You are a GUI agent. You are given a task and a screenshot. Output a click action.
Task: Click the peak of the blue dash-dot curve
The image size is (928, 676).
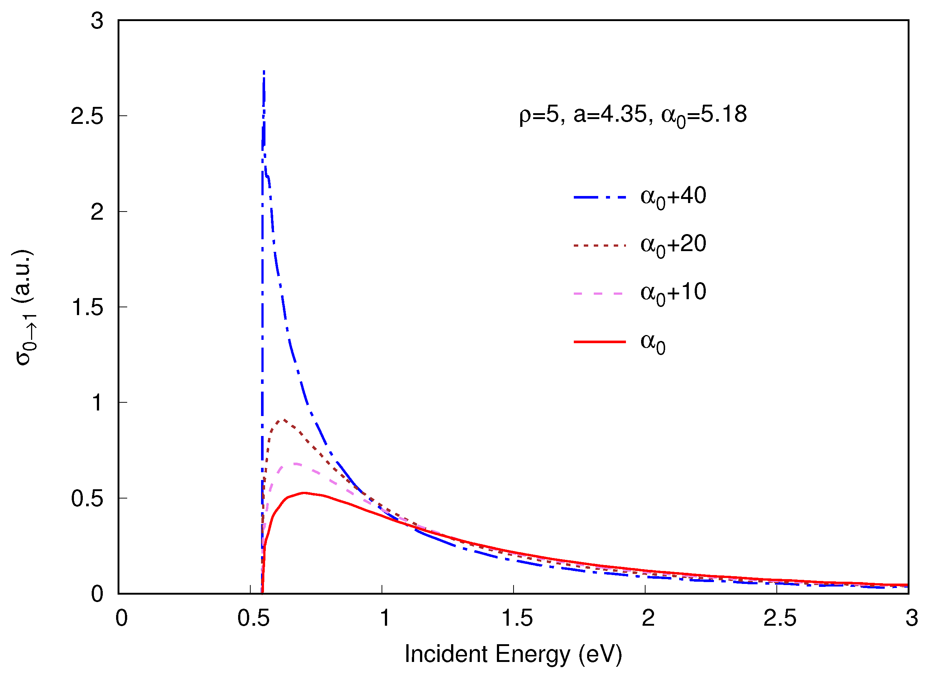[x=264, y=72]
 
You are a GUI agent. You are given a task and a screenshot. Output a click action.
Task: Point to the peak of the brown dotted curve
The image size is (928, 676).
[x=283, y=420]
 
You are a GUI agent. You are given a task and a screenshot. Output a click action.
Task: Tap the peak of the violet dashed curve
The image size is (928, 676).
[x=295, y=464]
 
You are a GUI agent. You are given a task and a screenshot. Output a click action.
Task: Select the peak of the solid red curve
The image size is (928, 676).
[x=304, y=493]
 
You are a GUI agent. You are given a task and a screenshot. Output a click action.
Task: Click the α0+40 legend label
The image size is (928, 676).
[x=673, y=196]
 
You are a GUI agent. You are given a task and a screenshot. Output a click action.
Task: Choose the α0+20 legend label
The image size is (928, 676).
[x=673, y=245]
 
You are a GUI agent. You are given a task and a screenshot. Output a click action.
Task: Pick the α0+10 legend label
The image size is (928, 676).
[x=673, y=293]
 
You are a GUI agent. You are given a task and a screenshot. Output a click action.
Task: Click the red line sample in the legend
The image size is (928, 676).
[x=600, y=342]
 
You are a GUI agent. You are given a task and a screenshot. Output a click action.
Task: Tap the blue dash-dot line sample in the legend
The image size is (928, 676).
[x=600, y=197]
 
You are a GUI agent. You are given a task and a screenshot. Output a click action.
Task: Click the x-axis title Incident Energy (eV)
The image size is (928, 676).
[x=514, y=654]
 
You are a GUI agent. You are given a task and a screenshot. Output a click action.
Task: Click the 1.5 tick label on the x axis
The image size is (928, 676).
[x=517, y=618]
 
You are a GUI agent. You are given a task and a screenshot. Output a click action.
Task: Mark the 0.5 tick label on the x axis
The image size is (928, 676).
[x=253, y=618]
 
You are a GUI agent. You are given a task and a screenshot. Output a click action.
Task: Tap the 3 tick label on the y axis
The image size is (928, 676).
[x=97, y=20]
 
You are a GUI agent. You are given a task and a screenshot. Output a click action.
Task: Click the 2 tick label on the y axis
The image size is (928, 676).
[x=97, y=212]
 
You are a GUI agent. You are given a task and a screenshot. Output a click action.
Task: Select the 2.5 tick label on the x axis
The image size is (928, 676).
[x=780, y=618]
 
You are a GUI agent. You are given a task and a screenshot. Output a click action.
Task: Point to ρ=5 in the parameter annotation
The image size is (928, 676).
[x=541, y=114]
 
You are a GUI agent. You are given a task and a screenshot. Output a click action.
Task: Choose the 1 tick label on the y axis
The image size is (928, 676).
[x=97, y=403]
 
